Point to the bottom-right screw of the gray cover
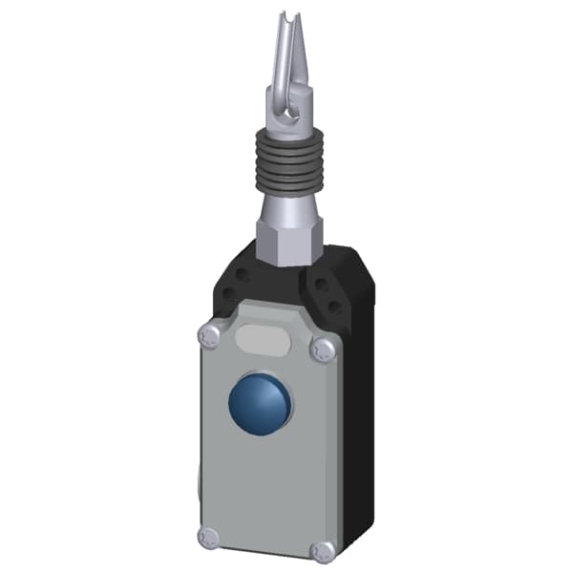[325, 550]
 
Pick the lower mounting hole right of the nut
[335, 308]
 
